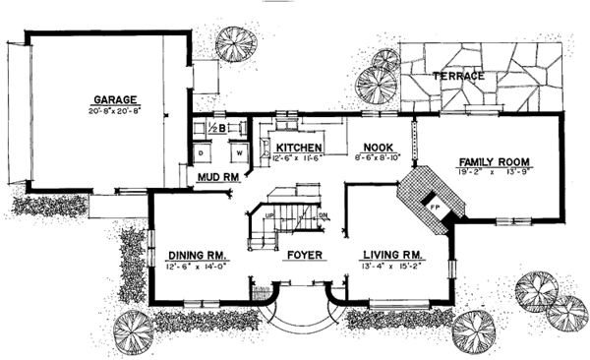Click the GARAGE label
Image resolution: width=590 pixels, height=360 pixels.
click(x=114, y=98)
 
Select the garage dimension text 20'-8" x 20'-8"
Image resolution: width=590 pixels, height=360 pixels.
click(x=114, y=110)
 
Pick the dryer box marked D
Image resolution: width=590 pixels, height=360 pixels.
click(x=203, y=153)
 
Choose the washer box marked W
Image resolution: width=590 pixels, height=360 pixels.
click(x=239, y=153)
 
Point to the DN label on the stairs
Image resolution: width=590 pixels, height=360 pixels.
click(x=323, y=212)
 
